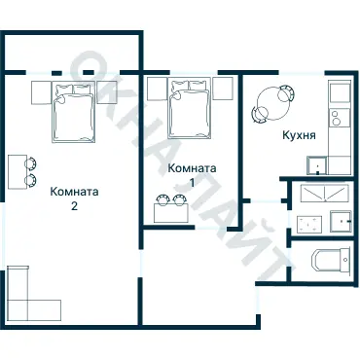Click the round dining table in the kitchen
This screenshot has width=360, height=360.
272,99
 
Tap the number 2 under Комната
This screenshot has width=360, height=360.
74,206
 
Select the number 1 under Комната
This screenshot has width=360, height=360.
192,182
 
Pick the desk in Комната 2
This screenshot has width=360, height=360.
18,173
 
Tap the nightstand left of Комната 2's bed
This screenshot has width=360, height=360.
40,92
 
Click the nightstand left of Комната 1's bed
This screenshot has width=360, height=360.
158,89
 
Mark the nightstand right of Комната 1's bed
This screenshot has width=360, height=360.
223,89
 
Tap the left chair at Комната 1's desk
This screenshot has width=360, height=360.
162,200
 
